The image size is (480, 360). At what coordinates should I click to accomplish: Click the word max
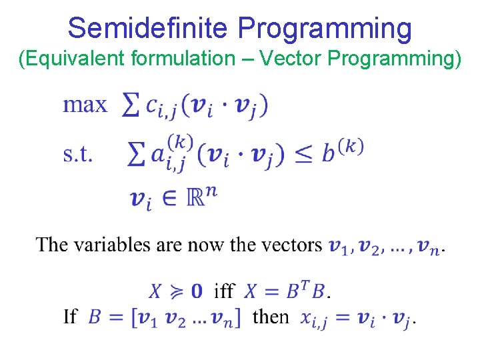tap(85, 105)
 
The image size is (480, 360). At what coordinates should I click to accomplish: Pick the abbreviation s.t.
tap(78, 155)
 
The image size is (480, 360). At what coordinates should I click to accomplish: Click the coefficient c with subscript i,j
tap(161, 107)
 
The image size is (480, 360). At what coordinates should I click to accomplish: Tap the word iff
tap(223, 291)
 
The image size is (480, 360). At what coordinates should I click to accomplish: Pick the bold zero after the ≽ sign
tap(197, 291)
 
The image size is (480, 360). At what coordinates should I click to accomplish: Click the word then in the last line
tap(271, 316)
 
